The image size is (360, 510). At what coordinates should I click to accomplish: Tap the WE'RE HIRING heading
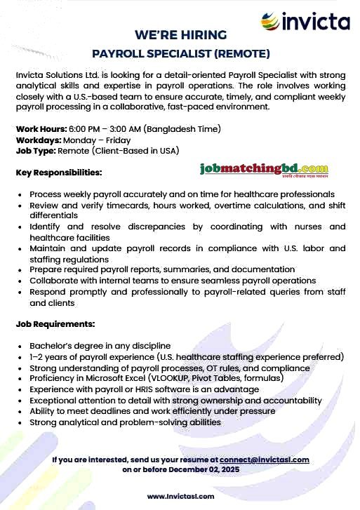coord(180,35)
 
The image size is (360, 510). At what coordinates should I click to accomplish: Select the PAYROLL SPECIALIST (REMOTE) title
coord(180,53)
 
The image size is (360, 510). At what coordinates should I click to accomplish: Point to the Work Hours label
coord(41,129)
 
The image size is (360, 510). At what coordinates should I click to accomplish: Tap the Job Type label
coord(36,150)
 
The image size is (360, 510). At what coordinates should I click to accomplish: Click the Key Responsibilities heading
coord(59,172)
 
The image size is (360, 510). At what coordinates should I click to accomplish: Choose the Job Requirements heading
coord(55,324)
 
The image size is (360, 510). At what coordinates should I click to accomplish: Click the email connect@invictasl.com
coord(265,460)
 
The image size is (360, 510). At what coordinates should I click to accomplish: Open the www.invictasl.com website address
coord(180,497)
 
